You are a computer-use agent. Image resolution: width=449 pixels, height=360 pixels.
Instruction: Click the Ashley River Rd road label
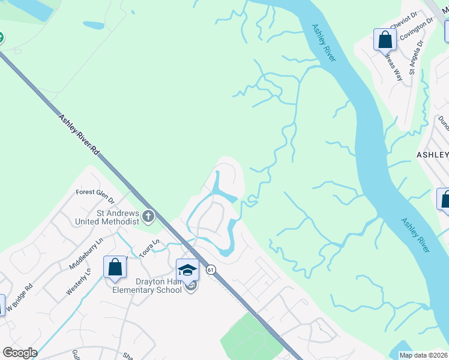tap(79, 136)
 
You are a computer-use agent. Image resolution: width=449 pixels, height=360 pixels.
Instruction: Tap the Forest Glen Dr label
tap(95, 193)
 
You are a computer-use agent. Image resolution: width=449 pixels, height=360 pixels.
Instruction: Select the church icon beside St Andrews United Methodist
tap(148, 215)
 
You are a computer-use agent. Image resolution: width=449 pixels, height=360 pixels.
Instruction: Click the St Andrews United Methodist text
tap(106, 217)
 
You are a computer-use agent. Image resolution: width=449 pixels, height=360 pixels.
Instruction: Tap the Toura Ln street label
tap(149, 249)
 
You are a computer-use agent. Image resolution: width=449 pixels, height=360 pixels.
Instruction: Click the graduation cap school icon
tap(187, 270)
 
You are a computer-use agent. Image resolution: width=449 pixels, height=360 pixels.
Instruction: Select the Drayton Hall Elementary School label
tap(147, 286)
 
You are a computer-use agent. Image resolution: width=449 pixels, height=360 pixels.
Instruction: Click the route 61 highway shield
tap(211, 271)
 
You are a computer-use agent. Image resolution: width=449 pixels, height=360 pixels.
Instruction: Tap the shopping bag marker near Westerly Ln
tap(115, 267)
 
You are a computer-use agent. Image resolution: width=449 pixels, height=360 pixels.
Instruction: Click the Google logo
tap(20, 353)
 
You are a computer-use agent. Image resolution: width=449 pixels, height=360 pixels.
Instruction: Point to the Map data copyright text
tap(423, 355)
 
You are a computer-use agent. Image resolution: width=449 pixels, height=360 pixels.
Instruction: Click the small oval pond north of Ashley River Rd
tap(94, 26)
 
